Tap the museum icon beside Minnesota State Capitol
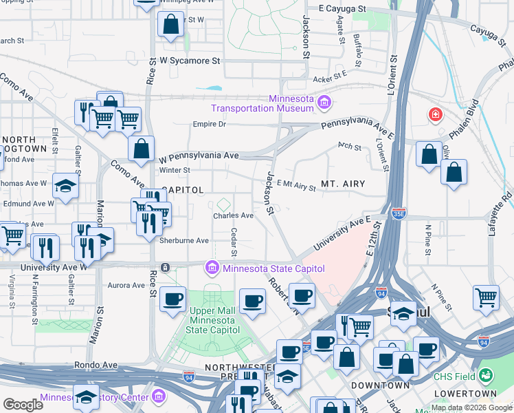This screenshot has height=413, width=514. coord(212,267)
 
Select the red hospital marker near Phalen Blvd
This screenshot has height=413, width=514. coord(435,114)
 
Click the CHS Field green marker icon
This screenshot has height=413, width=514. coord(487,376)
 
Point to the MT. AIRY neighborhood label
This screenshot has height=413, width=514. coord(342,184)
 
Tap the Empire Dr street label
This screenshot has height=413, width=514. coord(209,125)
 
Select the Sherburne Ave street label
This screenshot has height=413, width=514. coord(183,241)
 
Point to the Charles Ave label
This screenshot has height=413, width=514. coord(233,215)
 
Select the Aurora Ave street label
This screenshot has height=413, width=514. coord(126,284)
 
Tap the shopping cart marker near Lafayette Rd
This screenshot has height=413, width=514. coord(486,297)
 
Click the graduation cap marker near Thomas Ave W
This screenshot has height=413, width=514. coord(66,186)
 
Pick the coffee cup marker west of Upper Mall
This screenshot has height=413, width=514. coord(172,299)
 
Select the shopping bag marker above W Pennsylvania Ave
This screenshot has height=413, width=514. coord(141,148)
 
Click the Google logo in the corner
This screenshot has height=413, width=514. coord(23,405)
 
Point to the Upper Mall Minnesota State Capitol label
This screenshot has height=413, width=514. coord(212,320)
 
